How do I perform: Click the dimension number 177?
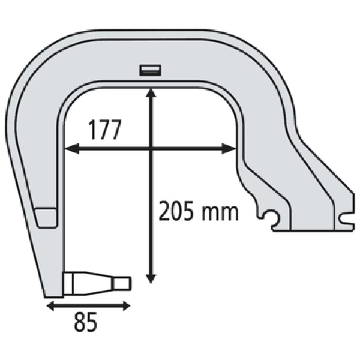click(105, 130)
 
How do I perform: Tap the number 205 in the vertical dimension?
click(176, 211)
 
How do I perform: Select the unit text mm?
click(220, 213)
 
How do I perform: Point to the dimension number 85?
click(85, 322)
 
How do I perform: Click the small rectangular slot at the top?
click(151, 70)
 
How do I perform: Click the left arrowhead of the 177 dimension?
click(72, 149)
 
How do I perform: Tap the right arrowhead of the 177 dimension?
click(229, 149)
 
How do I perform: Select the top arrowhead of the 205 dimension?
click(151, 93)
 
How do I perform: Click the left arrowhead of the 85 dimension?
click(50, 306)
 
